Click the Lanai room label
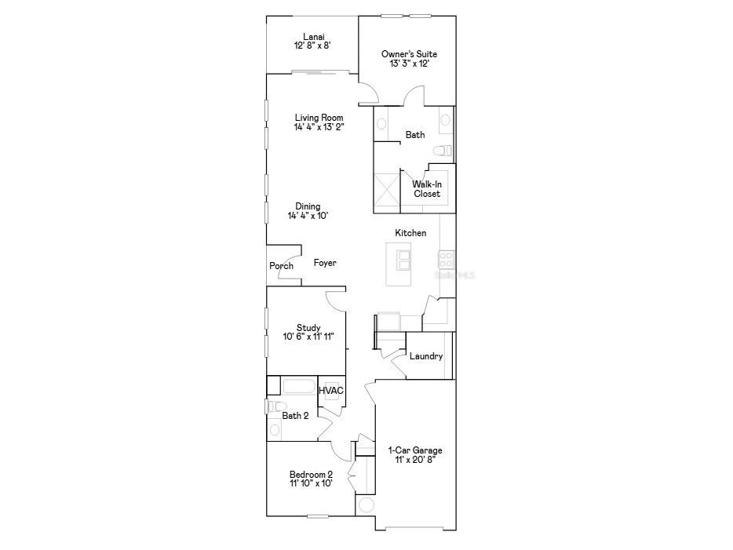pyautogui.click(x=312, y=35)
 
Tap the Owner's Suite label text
pyautogui.click(x=409, y=54)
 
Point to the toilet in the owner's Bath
pyautogui.click(x=442, y=150)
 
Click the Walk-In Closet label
pyautogui.click(x=427, y=189)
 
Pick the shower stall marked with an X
pyautogui.click(x=387, y=189)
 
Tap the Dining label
pyautogui.click(x=308, y=206)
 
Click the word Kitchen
pyautogui.click(x=410, y=233)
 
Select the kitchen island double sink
pyautogui.click(x=404, y=259)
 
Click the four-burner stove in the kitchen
pyautogui.click(x=446, y=259)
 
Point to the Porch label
pyautogui.click(x=282, y=266)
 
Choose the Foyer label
pyautogui.click(x=325, y=263)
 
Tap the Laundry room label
pyautogui.click(x=426, y=356)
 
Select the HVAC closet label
pyautogui.click(x=331, y=391)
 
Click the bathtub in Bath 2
pyautogui.click(x=297, y=387)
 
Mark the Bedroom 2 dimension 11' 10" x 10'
pyautogui.click(x=311, y=483)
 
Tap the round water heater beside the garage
pyautogui.click(x=366, y=504)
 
